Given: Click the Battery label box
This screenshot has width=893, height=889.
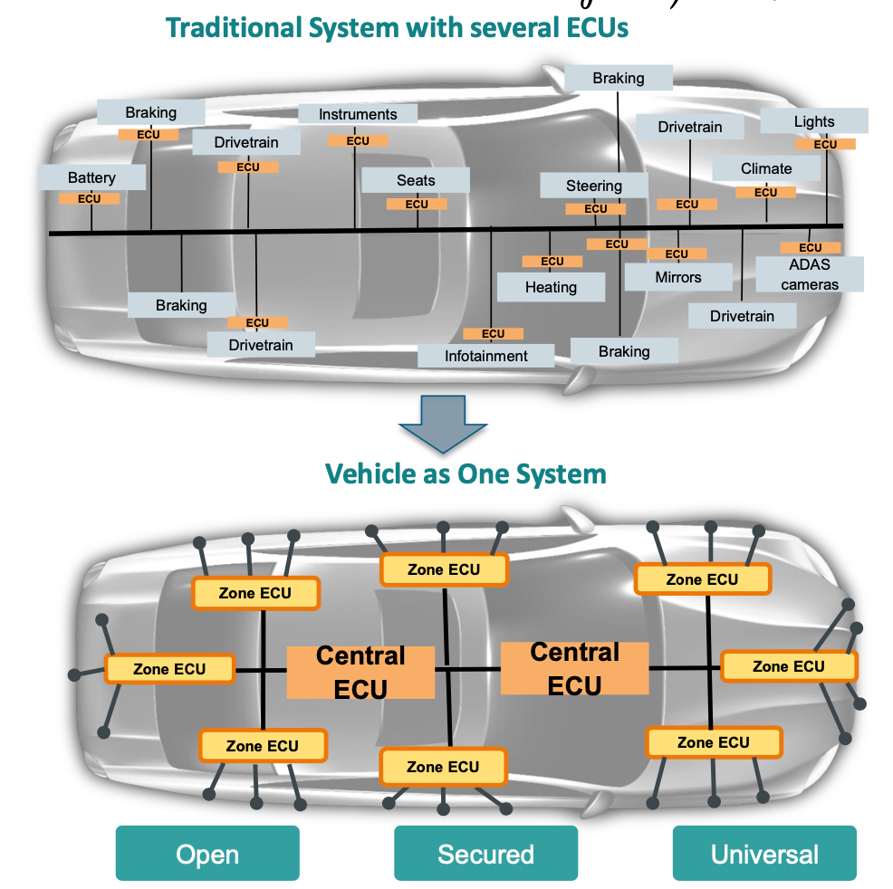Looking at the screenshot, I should [x=91, y=177].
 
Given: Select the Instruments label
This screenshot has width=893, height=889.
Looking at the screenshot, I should [x=358, y=114].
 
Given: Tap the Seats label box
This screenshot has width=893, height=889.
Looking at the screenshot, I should [x=416, y=180].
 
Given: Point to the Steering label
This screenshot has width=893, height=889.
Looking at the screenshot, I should [x=594, y=186].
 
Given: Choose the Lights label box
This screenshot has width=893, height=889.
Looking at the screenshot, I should [x=814, y=121].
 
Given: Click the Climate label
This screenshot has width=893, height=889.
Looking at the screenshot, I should [x=766, y=168].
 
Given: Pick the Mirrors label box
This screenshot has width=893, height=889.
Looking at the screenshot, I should [x=678, y=277].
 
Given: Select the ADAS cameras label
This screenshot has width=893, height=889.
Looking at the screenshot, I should [x=810, y=274].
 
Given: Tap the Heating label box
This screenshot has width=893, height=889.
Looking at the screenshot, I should [x=551, y=287].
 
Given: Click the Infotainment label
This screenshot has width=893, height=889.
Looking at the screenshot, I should [x=486, y=356].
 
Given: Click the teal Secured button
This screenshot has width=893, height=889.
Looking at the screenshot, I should [x=485, y=854].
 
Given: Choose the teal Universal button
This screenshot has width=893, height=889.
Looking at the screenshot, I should [x=764, y=854].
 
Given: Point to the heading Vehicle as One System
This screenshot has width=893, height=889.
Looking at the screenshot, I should [x=466, y=473].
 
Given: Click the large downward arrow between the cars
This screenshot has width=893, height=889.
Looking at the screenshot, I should [x=444, y=424].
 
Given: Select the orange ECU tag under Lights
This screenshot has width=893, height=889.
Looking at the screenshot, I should [x=825, y=144].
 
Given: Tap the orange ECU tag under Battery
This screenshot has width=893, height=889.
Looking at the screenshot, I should [x=90, y=198].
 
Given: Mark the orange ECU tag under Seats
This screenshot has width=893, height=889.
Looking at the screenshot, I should [x=417, y=204].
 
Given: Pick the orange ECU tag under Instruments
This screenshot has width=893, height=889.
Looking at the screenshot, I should [x=358, y=140].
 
